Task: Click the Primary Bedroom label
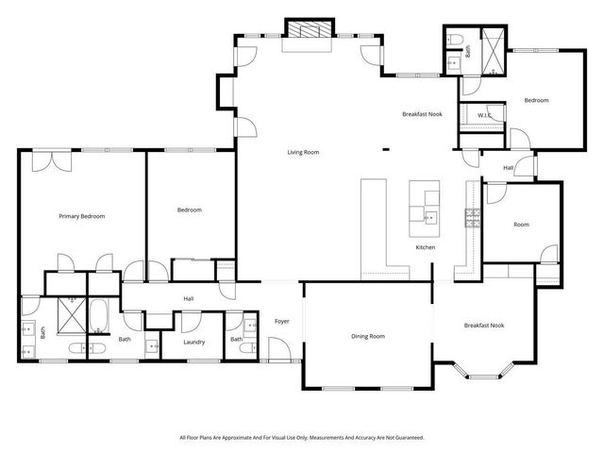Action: point(81,216)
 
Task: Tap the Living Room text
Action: point(303,151)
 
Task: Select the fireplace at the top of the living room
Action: point(310,29)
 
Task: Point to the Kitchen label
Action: point(426,247)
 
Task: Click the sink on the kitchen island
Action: point(430,218)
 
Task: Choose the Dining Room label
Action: point(368,336)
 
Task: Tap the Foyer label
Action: point(281,322)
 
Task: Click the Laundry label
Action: point(194,342)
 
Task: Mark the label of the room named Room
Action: point(521,225)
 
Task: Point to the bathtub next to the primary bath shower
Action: point(98,315)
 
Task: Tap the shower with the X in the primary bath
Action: point(70,313)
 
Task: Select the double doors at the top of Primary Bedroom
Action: point(46,160)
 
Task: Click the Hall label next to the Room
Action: point(508,168)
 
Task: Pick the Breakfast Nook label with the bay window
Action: point(483,326)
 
